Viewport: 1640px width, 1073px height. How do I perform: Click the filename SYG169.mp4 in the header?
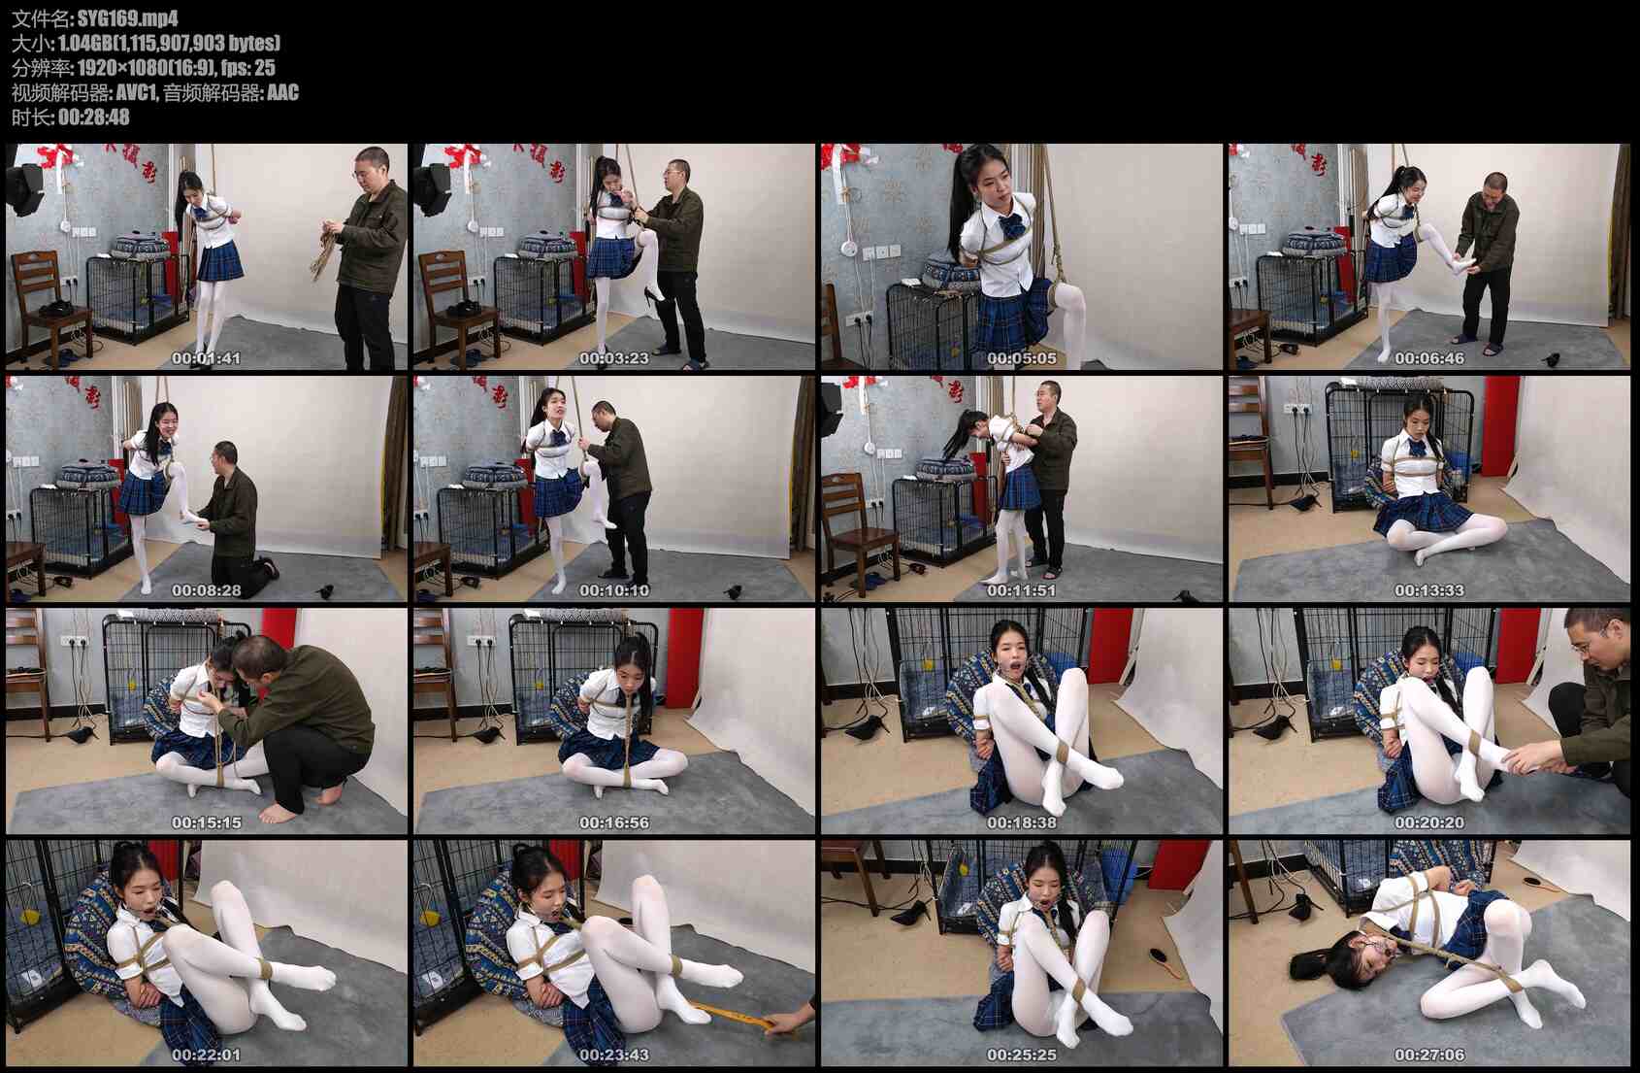pyautogui.click(x=127, y=17)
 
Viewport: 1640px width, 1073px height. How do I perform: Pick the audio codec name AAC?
pyautogui.click(x=282, y=92)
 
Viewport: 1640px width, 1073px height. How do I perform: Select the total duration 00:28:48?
pyautogui.click(x=94, y=117)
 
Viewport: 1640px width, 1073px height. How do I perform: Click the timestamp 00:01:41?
pyautogui.click(x=206, y=358)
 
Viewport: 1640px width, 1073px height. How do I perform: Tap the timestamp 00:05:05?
pyautogui.click(x=1021, y=358)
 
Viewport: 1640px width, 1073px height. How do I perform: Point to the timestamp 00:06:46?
pyautogui.click(x=1429, y=358)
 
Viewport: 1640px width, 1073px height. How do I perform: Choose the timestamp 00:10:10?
pyautogui.click(x=613, y=590)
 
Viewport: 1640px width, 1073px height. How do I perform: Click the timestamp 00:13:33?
pyautogui.click(x=1429, y=590)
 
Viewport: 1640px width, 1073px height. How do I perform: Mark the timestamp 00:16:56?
pyautogui.click(x=613, y=822)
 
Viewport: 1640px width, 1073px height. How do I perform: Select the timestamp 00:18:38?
pyautogui.click(x=1021, y=822)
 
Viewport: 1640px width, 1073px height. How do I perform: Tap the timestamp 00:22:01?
pyautogui.click(x=206, y=1055)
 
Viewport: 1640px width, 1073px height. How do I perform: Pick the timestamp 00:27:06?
pyautogui.click(x=1429, y=1055)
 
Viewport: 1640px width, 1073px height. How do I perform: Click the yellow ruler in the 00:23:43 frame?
pyautogui.click(x=732, y=1016)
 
